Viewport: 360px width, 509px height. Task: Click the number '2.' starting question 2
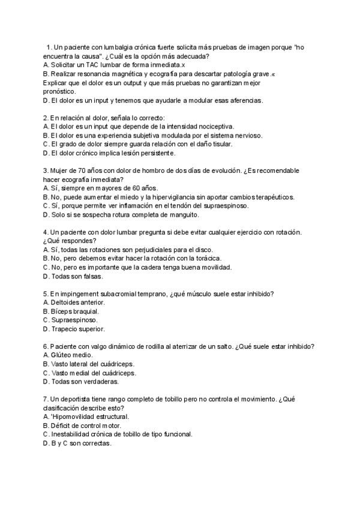(x=47, y=118)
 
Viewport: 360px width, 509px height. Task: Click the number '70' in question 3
(x=80, y=170)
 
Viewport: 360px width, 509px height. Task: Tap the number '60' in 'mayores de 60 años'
(x=137, y=188)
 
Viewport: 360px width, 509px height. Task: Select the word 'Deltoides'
(x=67, y=303)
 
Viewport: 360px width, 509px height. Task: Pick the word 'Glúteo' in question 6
(x=62, y=355)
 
